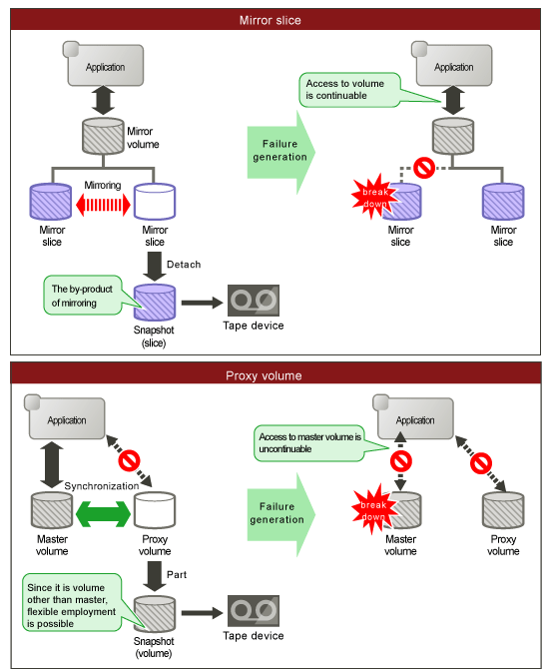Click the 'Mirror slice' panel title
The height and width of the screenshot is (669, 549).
tap(271, 20)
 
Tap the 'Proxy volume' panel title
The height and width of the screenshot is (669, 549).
tap(264, 375)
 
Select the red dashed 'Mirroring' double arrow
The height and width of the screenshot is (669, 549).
tap(103, 205)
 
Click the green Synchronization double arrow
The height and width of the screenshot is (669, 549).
tap(103, 513)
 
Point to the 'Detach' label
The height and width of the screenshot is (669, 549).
tap(184, 265)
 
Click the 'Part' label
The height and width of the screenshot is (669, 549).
tap(177, 575)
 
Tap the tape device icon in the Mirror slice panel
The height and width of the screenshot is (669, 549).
tap(254, 301)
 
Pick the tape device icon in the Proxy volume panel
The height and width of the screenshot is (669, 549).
tap(254, 611)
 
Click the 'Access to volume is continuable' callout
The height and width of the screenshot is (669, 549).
tap(349, 90)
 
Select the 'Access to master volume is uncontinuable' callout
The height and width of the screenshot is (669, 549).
tap(309, 443)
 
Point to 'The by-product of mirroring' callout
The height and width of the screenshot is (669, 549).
tap(83, 296)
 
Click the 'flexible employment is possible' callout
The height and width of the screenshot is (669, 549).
tap(72, 602)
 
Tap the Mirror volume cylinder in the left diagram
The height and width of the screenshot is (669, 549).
tap(103, 136)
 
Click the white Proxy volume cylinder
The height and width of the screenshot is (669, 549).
tap(155, 510)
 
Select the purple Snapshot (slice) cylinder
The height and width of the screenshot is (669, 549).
tap(155, 303)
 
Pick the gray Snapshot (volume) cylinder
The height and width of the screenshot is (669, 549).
tap(155, 613)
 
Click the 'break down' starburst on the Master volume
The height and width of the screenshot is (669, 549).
tap(373, 509)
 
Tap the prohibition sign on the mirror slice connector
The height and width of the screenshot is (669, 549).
tap(424, 168)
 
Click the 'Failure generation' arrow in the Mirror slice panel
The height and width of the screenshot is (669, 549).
tap(281, 153)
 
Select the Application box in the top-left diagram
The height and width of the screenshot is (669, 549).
tap(103, 64)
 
